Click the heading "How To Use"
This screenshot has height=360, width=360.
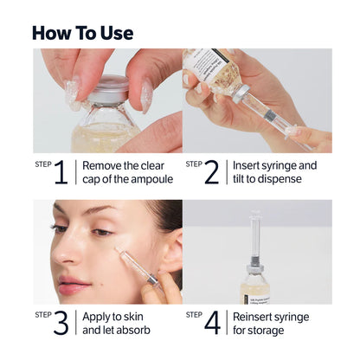pos(83,33)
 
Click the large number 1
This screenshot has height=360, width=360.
pos(61,172)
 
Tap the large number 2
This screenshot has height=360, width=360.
pos(213,172)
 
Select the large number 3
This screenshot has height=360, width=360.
pos(61,323)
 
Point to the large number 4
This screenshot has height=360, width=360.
pos(213,323)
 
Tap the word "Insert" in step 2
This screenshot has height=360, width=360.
pos(249,165)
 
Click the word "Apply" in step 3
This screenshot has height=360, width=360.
pos(98,316)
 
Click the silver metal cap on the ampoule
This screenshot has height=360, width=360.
pos(110,87)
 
